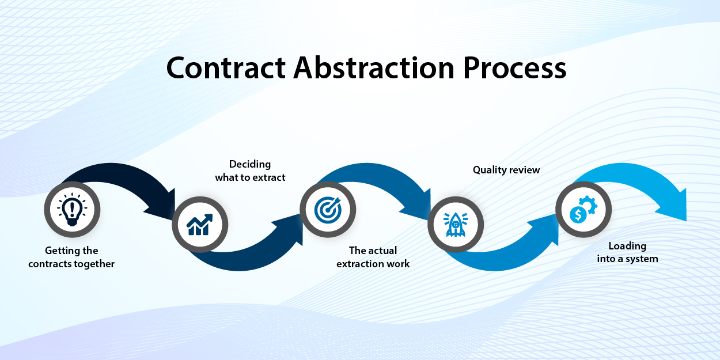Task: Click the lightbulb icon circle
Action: (x=73, y=209)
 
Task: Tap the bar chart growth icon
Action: (x=200, y=225)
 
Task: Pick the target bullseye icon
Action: (x=328, y=209)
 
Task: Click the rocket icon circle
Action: (x=456, y=224)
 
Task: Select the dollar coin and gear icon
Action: (x=583, y=209)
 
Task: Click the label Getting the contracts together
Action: (x=71, y=257)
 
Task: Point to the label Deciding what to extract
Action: (x=250, y=171)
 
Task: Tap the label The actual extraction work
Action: (x=373, y=257)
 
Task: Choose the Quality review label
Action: (x=506, y=170)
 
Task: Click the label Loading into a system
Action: (x=627, y=252)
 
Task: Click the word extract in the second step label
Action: (x=268, y=177)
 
